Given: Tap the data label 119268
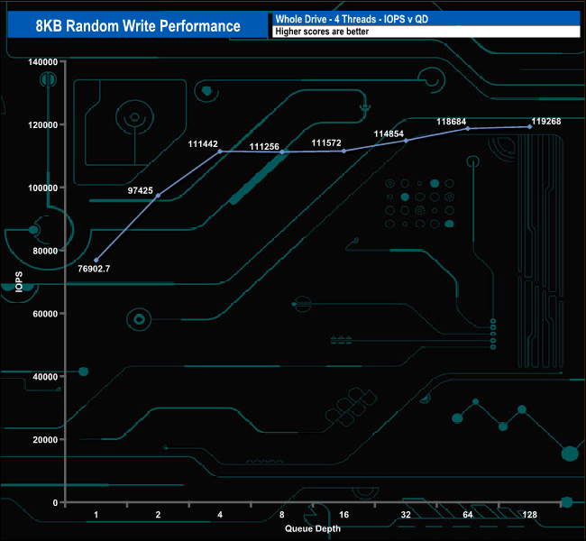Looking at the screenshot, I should coord(546,120).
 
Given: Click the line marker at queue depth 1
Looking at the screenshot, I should coord(96,261).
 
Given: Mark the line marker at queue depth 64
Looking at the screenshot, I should coord(468,129).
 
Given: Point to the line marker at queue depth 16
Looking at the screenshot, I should coord(343,151).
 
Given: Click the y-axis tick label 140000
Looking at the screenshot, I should coord(42,62).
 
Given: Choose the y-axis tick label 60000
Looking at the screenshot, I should coord(45,314).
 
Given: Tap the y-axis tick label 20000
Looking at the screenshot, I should coord(45,440).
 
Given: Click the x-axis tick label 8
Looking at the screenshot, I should coord(282,515).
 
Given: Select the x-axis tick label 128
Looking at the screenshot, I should coord(529,515).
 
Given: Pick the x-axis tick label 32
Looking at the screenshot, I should coord(406,515).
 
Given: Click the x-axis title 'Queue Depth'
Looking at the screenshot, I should coord(313,528).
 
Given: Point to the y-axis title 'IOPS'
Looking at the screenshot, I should coord(19,282).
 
